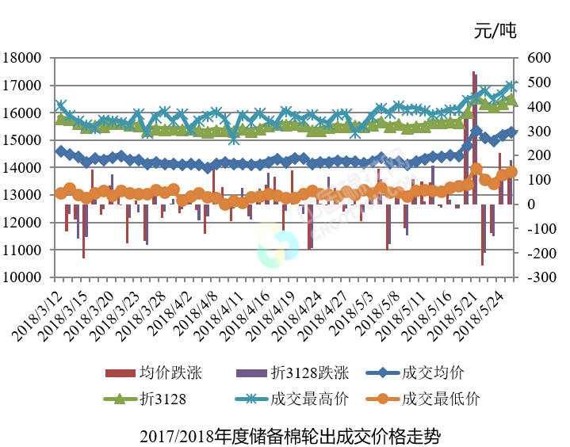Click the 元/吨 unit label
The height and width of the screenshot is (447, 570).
point(495,32)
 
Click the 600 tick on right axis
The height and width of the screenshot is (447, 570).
point(535,58)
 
